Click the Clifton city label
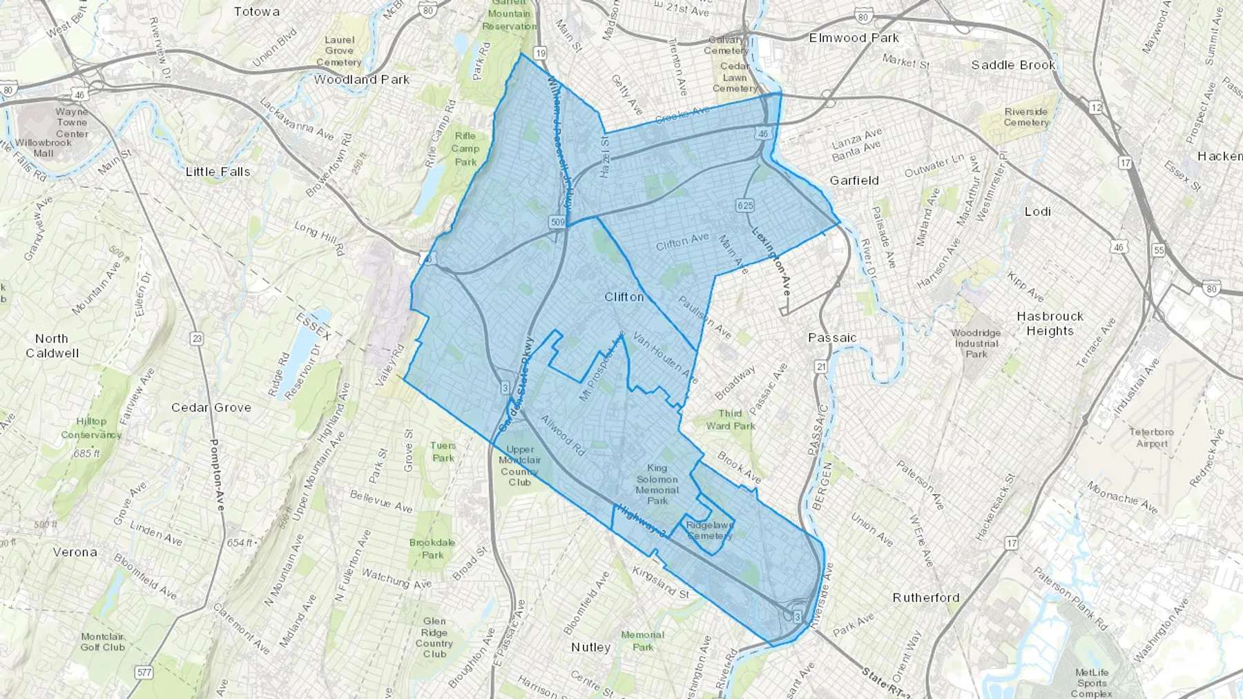click(624, 297)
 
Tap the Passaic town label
click(832, 337)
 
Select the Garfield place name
click(854, 180)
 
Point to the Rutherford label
click(926, 598)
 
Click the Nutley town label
click(590, 647)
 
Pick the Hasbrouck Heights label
click(1050, 323)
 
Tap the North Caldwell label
click(52, 346)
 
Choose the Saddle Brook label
click(1013, 65)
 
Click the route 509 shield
click(558, 222)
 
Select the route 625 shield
click(744, 205)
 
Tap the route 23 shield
click(197, 338)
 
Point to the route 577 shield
click(144, 672)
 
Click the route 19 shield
click(540, 53)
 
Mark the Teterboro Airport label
click(1151, 437)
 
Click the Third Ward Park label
click(730, 420)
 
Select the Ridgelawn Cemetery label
click(709, 530)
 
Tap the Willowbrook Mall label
click(44, 148)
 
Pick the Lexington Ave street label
click(771, 262)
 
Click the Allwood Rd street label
click(562, 435)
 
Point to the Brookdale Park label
click(432, 549)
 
